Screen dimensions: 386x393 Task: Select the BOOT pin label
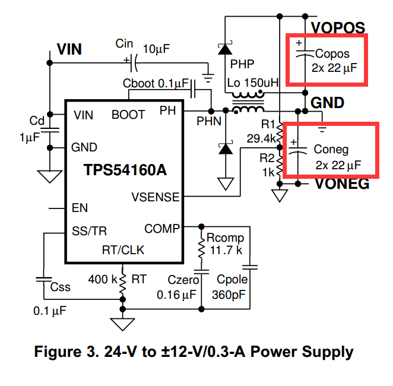click(128, 115)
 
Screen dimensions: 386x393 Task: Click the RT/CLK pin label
click(123, 250)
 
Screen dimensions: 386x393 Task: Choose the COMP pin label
click(161, 229)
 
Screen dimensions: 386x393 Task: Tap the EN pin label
click(79, 208)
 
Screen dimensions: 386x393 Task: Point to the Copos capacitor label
click(336, 54)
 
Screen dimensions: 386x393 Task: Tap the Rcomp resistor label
click(225, 238)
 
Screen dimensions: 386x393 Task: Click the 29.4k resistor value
click(261, 138)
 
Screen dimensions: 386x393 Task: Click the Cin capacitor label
click(124, 43)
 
